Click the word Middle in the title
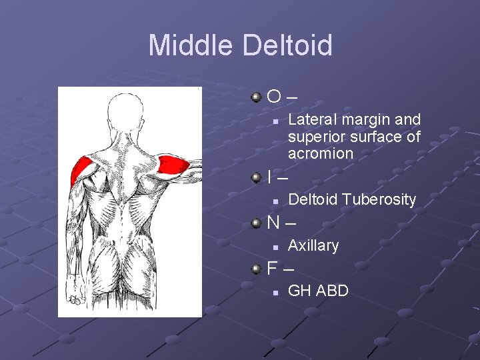click(x=191, y=45)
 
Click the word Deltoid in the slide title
click(x=288, y=45)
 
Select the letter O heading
click(x=274, y=97)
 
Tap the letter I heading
click(x=269, y=177)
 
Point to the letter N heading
click(x=273, y=223)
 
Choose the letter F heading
click(x=272, y=269)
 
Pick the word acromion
click(x=321, y=153)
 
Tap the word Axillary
click(x=313, y=245)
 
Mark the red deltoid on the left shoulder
click(x=83, y=169)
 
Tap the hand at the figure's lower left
click(x=75, y=297)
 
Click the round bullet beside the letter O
click(x=257, y=98)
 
